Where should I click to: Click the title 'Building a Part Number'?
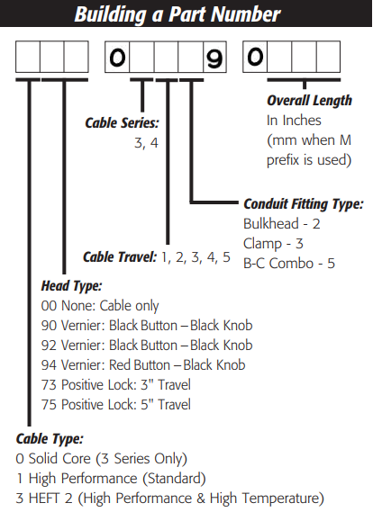[x=177, y=14]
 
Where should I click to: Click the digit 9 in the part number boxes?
[x=214, y=58]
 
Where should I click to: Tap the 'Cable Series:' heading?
[x=122, y=123]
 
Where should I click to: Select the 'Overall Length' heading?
[x=309, y=101]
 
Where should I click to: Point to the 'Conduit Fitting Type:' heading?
[x=304, y=204]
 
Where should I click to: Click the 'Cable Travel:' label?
[x=120, y=257]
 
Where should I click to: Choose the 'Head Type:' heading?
[x=71, y=286]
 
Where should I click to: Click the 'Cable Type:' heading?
[x=50, y=438]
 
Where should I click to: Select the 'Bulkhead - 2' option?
[x=282, y=224]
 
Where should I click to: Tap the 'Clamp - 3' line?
[x=273, y=244]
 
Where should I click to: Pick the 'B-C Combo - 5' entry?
[x=289, y=263]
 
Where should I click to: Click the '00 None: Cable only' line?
[x=100, y=306]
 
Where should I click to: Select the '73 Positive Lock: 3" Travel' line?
[x=115, y=384]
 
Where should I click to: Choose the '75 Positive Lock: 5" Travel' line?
[x=115, y=405]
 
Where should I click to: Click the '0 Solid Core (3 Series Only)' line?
[x=101, y=459]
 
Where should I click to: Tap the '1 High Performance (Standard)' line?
[x=111, y=479]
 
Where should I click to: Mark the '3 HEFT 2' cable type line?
[x=169, y=499]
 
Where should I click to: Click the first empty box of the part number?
[x=28, y=57]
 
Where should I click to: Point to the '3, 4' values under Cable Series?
[x=146, y=143]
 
